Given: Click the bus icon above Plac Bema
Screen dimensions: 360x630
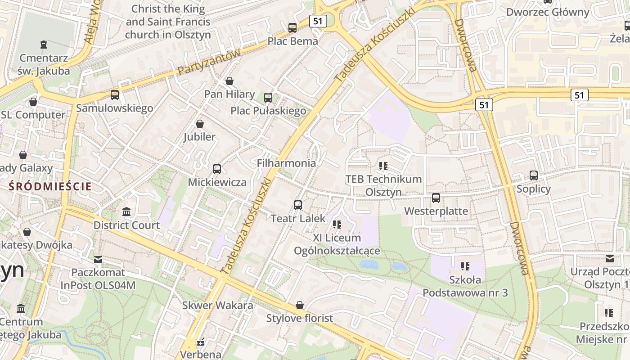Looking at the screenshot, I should coord(292,28).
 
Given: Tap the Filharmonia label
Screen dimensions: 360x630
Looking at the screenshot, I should coord(286,163).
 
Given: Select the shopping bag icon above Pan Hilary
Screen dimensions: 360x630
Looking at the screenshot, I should coord(229,81).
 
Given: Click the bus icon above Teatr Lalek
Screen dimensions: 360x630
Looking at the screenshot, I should coord(298,205).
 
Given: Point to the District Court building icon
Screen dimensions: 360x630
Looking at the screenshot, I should coord(126,211).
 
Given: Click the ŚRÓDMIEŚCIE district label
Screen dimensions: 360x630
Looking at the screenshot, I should coord(50,186).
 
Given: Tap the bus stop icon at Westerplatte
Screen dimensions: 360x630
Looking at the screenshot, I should coord(436,198).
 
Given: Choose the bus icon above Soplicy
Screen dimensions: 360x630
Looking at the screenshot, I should coord(534,175).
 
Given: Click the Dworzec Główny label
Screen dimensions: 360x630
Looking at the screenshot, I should coord(548,12).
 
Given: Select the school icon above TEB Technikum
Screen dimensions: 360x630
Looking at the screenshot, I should coord(383,166).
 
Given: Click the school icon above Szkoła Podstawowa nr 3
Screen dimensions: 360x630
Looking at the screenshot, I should coord(465,266).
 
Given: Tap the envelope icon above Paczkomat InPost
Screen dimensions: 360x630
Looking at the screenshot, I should coord(98,259).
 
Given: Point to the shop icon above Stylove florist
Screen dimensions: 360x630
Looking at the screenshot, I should coord(300,306).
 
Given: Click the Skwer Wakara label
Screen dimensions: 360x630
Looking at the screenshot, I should coord(217,305).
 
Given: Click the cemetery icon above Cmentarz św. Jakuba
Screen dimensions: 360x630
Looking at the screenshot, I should coord(44,45).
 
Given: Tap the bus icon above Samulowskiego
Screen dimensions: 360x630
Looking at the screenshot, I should coord(115,95).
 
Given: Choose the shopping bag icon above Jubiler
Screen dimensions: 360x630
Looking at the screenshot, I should coord(200,123).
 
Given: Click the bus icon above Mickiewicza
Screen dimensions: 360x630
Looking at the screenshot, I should coord(217,169).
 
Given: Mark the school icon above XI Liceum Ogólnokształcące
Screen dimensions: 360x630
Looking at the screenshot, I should coord(337,224).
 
